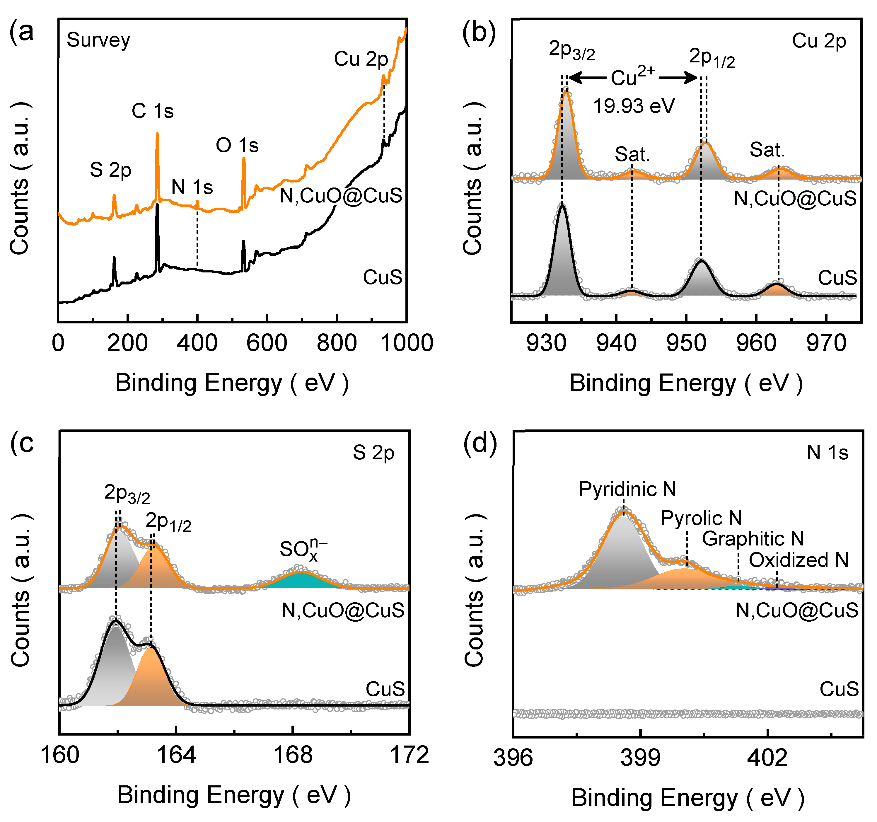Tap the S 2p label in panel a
[x=110, y=170]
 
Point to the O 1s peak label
[x=237, y=145]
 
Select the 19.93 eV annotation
[x=634, y=106]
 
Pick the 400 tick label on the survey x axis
[x=197, y=343]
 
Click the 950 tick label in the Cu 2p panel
[x=686, y=343]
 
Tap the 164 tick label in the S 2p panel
[x=176, y=755]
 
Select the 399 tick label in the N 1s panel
[x=640, y=758]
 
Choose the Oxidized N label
[x=798, y=560]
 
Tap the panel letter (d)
[x=480, y=443]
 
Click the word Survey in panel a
[x=98, y=40]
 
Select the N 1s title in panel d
[x=827, y=452]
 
